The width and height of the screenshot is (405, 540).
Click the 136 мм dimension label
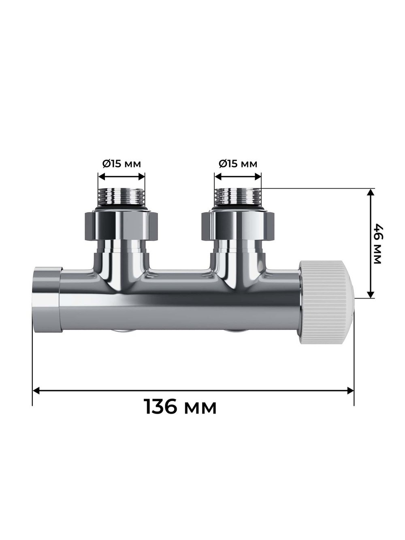[x=180, y=407]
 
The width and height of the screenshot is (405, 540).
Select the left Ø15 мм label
[x=122, y=164]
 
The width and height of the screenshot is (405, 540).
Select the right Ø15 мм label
[x=238, y=164]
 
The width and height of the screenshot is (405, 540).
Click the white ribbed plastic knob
[x=326, y=302]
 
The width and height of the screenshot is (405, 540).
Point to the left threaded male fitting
[x=122, y=197]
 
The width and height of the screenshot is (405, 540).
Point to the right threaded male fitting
[x=238, y=197]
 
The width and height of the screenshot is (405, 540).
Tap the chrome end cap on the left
[x=47, y=299]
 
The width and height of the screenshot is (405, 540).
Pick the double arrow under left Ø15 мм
[x=122, y=177]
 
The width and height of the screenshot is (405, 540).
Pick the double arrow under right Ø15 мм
[x=238, y=177]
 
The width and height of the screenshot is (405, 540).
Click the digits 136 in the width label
[x=161, y=407]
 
